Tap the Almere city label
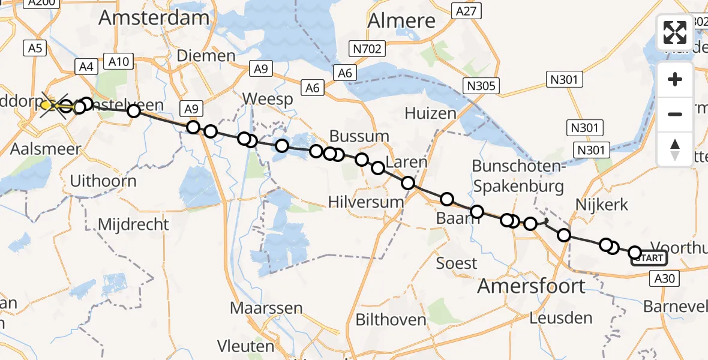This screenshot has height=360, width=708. pyautogui.click(x=401, y=21)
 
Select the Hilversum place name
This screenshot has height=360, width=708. pyautogui.click(x=366, y=202)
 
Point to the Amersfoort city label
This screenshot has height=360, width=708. pyautogui.click(x=531, y=286)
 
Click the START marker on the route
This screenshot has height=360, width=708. pyautogui.click(x=648, y=259)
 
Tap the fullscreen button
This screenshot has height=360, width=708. pyautogui.click(x=675, y=32)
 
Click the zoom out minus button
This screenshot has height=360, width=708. pyautogui.click(x=675, y=114)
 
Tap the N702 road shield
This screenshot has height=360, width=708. pyautogui.click(x=368, y=49)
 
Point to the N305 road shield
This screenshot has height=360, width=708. pyautogui.click(x=481, y=86)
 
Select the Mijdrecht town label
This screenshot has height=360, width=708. pyautogui.click(x=133, y=225)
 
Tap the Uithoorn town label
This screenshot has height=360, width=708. pyautogui.click(x=103, y=181)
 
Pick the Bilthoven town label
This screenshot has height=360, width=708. pyautogui.click(x=390, y=320)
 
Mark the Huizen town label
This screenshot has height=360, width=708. pyautogui.click(x=426, y=112)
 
